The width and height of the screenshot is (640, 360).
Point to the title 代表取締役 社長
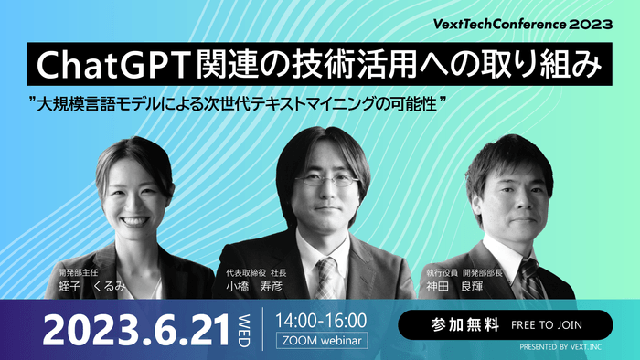point(256,271)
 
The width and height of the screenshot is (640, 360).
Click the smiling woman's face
point(134,202)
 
